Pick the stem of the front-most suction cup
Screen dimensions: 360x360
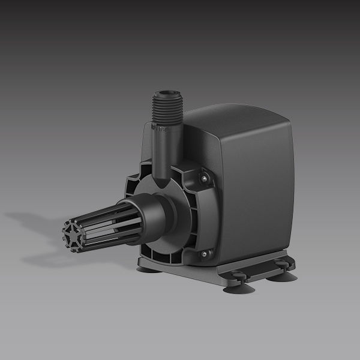(x=238, y=282)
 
